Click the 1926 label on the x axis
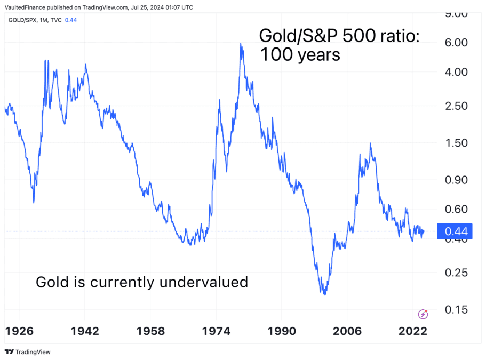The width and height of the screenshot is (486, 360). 21,331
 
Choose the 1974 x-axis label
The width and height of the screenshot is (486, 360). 217,331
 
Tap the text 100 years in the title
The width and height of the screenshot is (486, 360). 300,54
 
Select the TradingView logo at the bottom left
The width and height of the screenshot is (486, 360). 25,352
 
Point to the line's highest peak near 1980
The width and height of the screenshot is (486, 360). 241,44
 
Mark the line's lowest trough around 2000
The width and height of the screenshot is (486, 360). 324,294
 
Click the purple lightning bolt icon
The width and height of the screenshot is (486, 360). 423,314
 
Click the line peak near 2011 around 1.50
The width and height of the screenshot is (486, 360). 370,144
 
